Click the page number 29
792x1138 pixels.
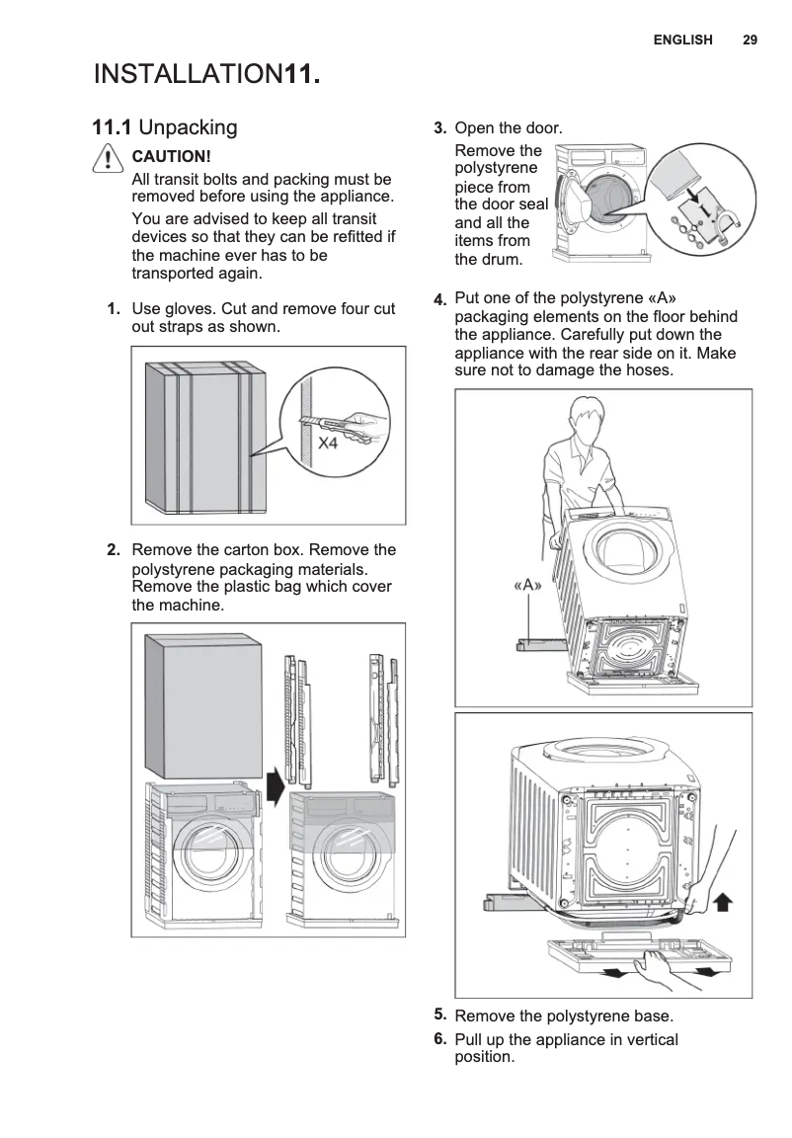pos(750,40)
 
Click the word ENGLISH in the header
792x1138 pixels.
pos(682,40)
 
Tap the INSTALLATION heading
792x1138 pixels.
pos(188,74)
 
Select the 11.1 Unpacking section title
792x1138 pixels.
pos(165,127)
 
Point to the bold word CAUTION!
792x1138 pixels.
pos(171,157)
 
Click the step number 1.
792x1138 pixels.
pos(114,309)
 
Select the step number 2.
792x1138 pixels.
pos(114,550)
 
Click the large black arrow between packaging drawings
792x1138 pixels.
pos(276,788)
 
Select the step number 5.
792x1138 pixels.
pos(439,1014)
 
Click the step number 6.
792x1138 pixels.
pos(439,1038)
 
